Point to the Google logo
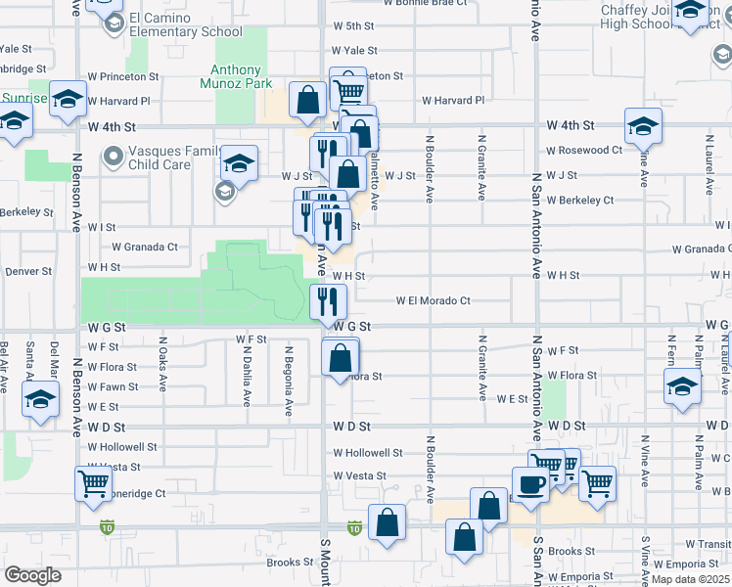coord(32,575)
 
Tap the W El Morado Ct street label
coord(433,301)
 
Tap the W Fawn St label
coord(113,386)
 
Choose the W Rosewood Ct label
coord(584,151)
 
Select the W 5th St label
coord(353,26)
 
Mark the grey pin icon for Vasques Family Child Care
coord(114,156)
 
